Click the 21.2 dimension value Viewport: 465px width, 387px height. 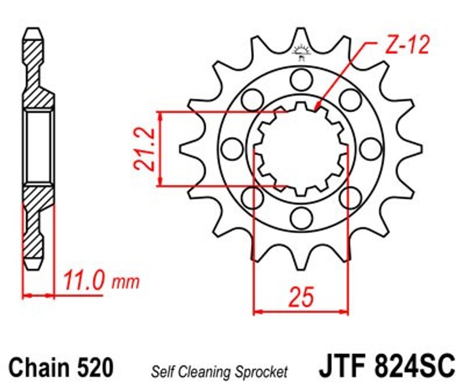click(144, 149)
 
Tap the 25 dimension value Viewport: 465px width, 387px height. click(302, 297)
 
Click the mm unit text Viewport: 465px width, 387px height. click(125, 283)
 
